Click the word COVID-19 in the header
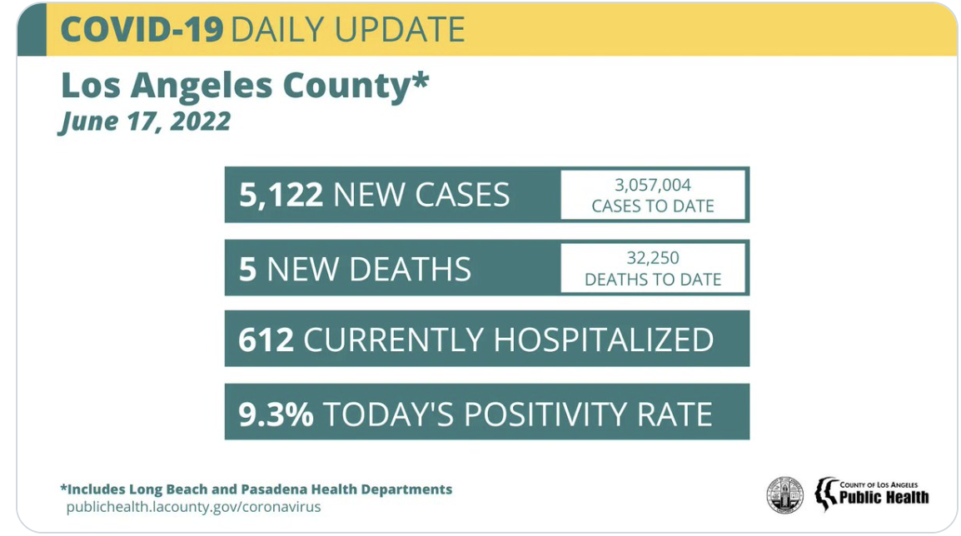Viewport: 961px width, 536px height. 142,30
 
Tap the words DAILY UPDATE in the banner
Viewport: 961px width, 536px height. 347,30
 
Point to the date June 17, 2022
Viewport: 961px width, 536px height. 144,122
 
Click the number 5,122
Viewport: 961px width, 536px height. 281,196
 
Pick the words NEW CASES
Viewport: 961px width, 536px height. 421,196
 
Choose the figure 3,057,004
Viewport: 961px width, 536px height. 653,185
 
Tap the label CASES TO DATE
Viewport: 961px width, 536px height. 653,206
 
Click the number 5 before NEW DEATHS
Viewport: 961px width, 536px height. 247,269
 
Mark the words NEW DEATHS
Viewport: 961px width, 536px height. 369,269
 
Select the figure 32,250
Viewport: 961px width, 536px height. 653,258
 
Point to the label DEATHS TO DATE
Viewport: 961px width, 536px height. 653,280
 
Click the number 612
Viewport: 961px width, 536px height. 266,340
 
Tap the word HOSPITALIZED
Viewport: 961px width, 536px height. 604,340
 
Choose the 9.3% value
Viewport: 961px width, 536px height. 276,414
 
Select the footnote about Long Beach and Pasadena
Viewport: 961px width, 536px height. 256,489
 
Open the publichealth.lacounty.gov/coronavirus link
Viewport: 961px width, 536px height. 193,507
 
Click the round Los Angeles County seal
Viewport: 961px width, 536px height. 784,495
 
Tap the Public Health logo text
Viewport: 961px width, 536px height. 883,497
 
